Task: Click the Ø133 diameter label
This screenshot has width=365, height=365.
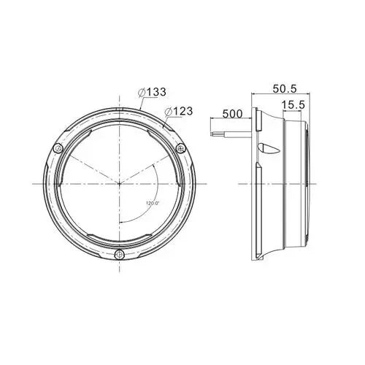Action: coord(152,92)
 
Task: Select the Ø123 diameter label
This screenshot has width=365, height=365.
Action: coord(179,112)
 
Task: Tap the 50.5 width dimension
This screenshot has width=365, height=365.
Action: coord(285,89)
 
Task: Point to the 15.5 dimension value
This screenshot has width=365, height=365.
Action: coord(293,105)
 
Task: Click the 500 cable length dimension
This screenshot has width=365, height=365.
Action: coord(233,114)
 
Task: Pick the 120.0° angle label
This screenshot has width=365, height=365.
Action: coord(153,203)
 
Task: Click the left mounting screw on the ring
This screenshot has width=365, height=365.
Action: coord(58,148)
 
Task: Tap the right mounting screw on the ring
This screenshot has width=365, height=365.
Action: coord(181,148)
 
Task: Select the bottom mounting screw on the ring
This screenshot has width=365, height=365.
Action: coord(119,255)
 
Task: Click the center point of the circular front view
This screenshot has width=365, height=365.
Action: coord(120,184)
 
